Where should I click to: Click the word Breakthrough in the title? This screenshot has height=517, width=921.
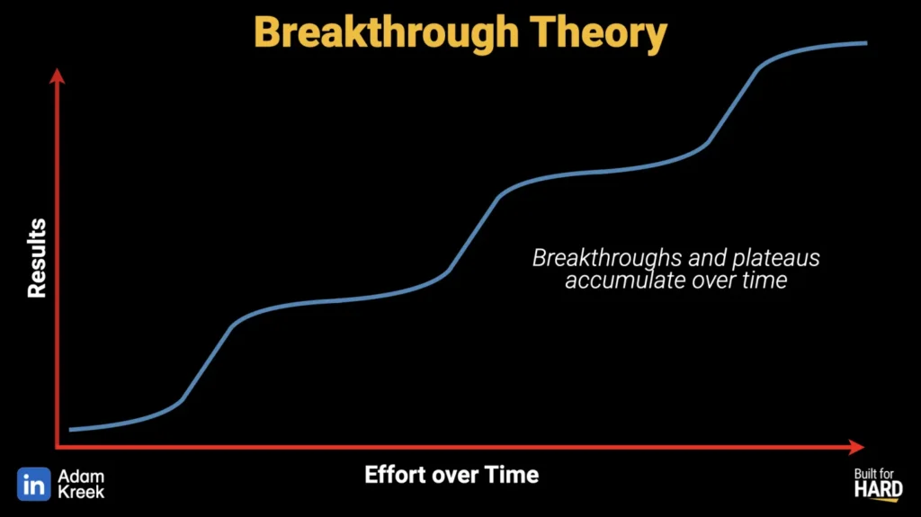387,33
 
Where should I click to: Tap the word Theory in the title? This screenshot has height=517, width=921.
598,33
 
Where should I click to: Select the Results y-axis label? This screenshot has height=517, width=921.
37,258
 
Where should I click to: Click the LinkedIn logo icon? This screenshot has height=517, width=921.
34,484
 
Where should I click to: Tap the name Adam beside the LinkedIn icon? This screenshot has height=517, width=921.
81,477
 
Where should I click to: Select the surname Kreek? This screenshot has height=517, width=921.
81,492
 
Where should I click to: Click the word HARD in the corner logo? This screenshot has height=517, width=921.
879,489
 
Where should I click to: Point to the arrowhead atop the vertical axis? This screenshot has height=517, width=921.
57,76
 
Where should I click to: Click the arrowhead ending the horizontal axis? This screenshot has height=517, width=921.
856,447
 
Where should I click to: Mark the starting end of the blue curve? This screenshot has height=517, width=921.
70,430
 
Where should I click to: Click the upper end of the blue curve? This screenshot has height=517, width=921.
866,43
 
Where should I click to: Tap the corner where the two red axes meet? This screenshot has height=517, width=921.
57,447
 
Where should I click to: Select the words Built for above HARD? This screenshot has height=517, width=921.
874,474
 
